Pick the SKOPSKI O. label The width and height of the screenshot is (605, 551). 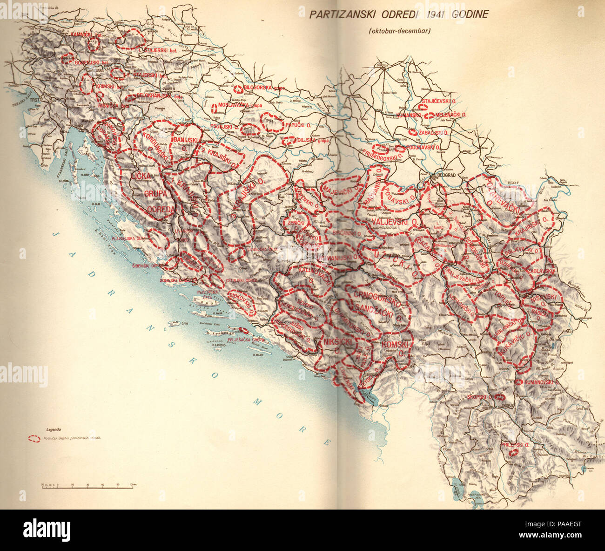(x=479, y=397)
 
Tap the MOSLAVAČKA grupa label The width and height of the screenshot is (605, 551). (x=240, y=106)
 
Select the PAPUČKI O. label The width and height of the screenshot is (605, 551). (x=298, y=125)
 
